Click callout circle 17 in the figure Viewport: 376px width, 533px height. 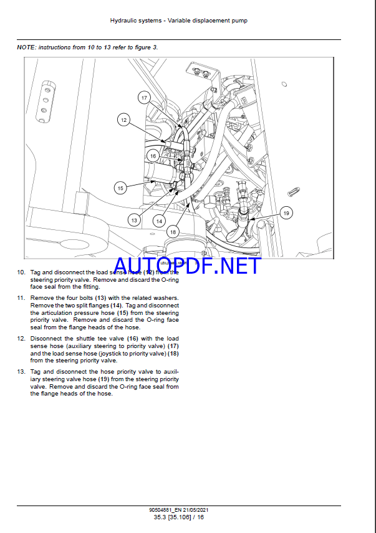coord(144,97)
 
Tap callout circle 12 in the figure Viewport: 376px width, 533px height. coord(123,119)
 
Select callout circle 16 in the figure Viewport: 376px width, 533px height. coord(153,156)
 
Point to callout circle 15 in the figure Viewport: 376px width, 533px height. coord(120,187)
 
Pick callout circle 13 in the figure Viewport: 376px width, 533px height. coord(134,219)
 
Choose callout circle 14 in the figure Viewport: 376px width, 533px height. coord(159,220)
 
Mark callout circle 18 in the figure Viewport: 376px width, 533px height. coord(173,232)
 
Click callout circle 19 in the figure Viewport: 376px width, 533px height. coord(286,213)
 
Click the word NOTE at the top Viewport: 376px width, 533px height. coord(27,47)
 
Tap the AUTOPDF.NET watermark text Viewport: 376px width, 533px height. coord(186,266)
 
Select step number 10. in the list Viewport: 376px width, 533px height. coord(21,272)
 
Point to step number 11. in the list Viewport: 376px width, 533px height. coord(21,298)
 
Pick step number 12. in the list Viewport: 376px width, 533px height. coord(21,339)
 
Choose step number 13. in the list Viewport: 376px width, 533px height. coord(21,372)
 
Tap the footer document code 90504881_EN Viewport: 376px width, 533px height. coord(161,511)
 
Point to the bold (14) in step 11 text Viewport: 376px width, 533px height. coord(116,306)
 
